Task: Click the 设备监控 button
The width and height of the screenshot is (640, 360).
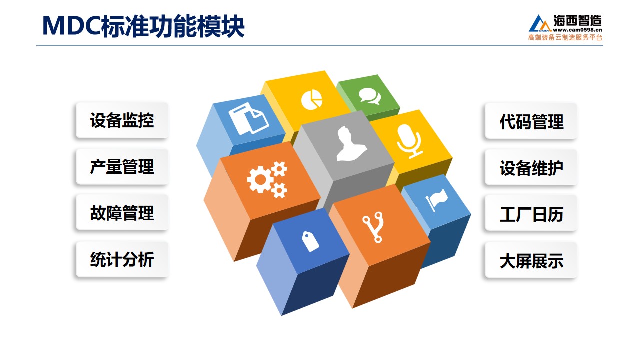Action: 122,120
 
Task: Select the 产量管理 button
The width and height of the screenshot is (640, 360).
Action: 122,167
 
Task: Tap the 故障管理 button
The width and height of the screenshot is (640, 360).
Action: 122,213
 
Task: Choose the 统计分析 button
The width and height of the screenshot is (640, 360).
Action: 122,259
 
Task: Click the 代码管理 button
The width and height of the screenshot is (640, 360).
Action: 531,121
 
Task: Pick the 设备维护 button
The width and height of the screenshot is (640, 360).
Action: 531,168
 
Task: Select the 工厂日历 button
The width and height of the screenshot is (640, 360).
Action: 531,214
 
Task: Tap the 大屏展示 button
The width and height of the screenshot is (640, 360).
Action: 531,260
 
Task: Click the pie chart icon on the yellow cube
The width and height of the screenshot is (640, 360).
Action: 311,99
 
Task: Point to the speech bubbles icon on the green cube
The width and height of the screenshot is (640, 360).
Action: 370,96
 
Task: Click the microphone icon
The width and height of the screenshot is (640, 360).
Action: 410,141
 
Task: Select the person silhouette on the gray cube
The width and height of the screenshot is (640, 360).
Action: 351,144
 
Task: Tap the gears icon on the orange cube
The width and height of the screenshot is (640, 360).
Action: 267,179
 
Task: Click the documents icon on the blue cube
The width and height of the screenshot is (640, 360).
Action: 248,119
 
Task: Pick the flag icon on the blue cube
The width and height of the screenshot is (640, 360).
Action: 436,200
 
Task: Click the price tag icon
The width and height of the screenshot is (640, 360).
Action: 310,241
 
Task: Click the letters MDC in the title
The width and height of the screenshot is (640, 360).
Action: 71,26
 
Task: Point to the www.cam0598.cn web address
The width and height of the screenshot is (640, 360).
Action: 577,30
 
